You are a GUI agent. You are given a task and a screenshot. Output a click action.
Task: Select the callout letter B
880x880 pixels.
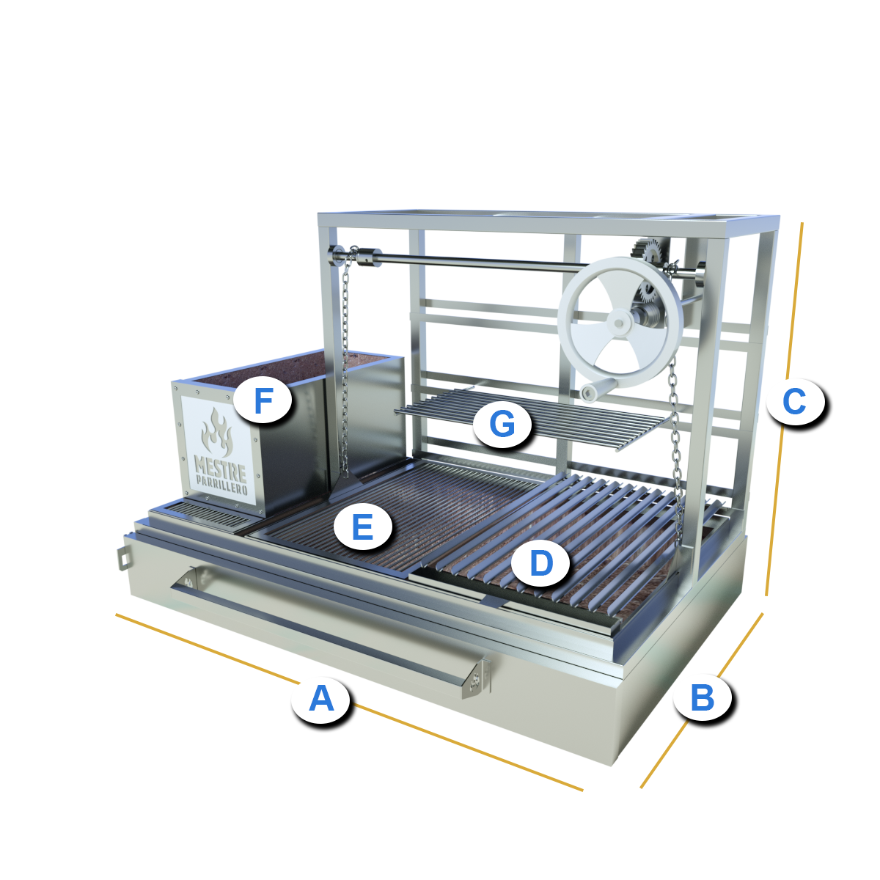[703, 698]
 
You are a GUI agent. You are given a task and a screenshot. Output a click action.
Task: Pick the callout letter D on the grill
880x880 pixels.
[542, 562]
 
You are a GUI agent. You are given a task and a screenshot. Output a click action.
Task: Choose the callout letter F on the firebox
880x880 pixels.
[263, 400]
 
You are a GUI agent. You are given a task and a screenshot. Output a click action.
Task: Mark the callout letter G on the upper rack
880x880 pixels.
[502, 423]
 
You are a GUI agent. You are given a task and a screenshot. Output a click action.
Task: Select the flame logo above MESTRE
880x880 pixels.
[217, 431]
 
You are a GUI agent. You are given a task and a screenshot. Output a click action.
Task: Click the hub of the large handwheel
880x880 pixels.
[619, 323]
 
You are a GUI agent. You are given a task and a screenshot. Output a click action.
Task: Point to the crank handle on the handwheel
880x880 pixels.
[597, 390]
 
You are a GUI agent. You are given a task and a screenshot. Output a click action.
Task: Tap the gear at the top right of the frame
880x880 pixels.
[648, 252]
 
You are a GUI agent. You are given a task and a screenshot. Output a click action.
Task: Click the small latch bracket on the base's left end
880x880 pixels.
[123, 557]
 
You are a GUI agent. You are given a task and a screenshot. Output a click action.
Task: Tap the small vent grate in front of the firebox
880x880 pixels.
[213, 516]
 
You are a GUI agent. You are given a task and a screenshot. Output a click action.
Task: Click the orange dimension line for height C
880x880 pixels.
[784, 408]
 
